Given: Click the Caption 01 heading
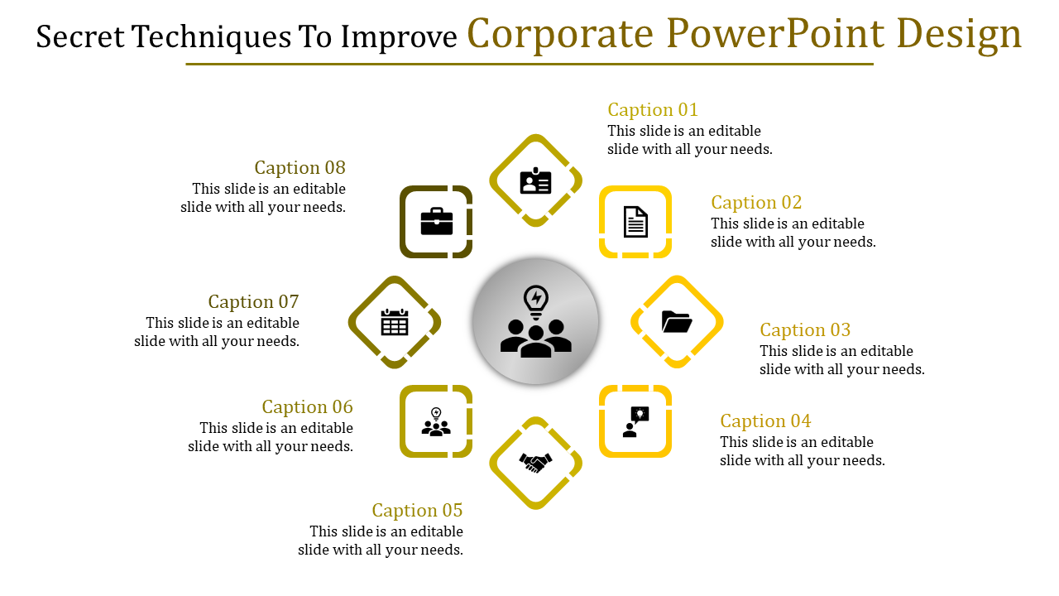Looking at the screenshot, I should click(x=653, y=110).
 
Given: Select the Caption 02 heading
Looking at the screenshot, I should click(x=756, y=203).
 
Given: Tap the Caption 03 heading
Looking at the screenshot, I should click(x=805, y=330).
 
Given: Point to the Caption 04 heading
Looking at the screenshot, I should click(x=765, y=421).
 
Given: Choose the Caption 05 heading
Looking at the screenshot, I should click(x=417, y=511).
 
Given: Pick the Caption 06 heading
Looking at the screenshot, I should click(x=307, y=407).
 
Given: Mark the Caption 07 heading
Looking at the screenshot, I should click(x=253, y=302).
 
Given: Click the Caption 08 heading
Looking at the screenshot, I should click(x=299, y=168).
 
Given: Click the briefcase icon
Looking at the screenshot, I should click(x=436, y=222).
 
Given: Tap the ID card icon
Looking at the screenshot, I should click(x=535, y=181).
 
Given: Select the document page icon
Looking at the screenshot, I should click(x=635, y=222).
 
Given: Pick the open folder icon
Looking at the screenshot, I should click(x=677, y=321).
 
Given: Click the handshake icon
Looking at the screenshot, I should click(x=535, y=463).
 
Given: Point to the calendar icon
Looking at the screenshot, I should click(x=395, y=322).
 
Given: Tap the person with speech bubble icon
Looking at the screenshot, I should click(x=635, y=421).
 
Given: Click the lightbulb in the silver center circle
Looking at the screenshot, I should click(x=536, y=300).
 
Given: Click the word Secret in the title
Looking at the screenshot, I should click(x=79, y=36).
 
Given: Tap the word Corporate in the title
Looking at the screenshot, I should click(x=561, y=34).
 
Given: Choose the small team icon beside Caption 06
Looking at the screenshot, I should click(x=436, y=422).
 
